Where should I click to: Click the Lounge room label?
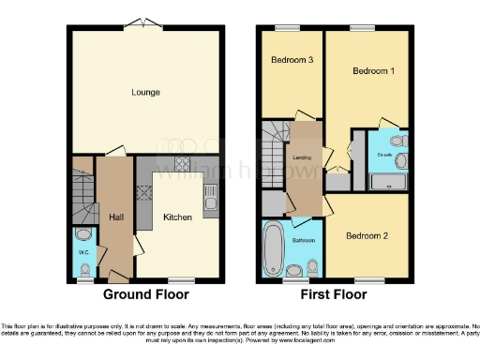point(145,92)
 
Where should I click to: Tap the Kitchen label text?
point(178,217)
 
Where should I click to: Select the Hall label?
point(117,217)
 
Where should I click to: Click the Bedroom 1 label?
point(372,71)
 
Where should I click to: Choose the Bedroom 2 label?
point(366,235)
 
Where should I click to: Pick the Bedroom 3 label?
point(292,61)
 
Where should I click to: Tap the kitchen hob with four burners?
point(146,194)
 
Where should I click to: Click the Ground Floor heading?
point(145,294)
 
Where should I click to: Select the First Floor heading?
point(334,294)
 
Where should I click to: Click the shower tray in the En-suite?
point(387,181)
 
